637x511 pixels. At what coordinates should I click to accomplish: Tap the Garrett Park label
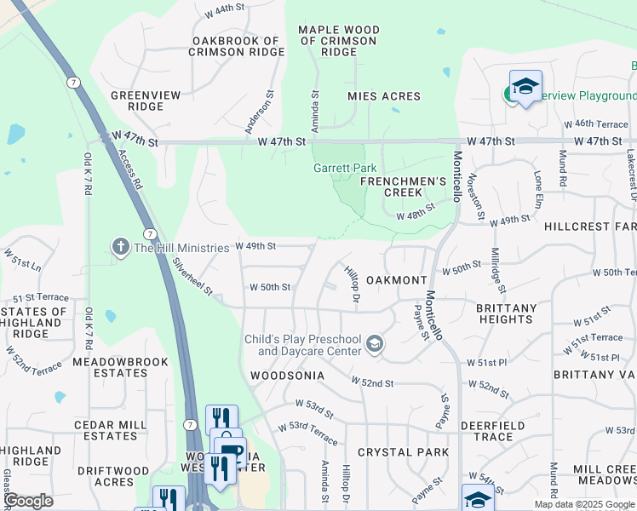click(x=345, y=168)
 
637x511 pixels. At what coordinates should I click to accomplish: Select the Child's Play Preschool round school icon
click(x=373, y=344)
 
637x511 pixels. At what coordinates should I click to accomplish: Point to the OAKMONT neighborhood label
click(x=396, y=280)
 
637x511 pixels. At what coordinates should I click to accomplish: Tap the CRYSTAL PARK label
click(x=403, y=452)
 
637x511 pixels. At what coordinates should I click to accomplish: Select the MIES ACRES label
click(x=384, y=97)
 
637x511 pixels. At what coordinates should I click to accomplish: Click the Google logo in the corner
click(x=28, y=502)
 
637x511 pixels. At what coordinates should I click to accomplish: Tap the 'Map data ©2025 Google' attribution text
click(x=583, y=504)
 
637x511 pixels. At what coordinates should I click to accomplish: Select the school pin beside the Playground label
click(x=525, y=87)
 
